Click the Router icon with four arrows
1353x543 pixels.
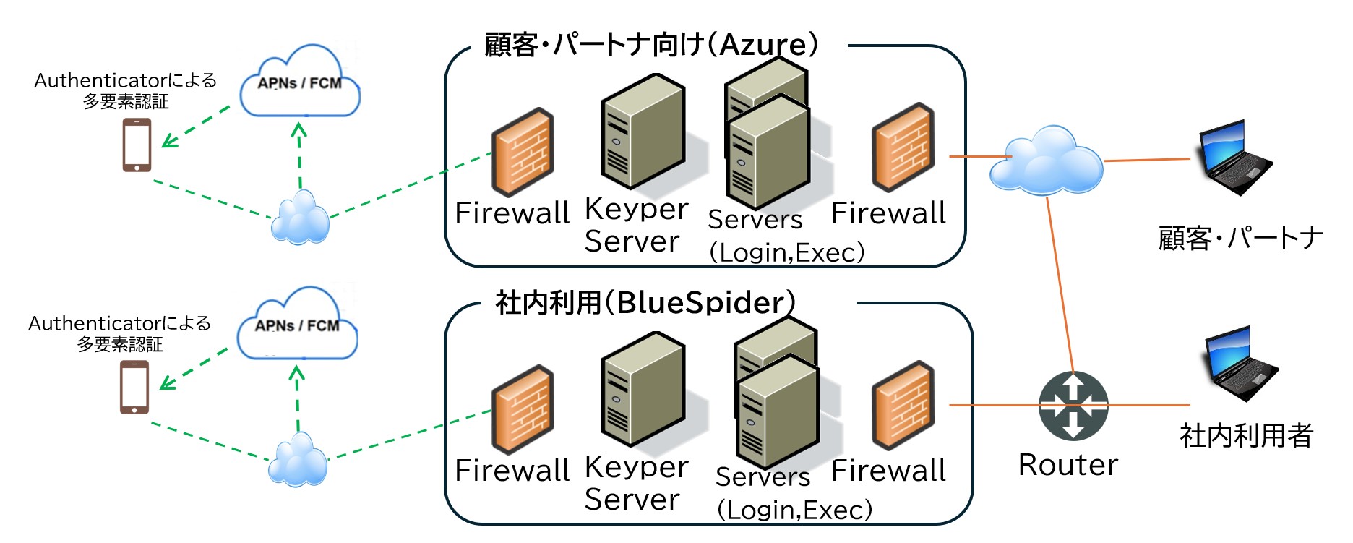[1073, 406]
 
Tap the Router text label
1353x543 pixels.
[1068, 465]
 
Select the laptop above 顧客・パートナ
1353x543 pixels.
[1234, 158]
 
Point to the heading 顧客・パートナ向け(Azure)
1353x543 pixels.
[651, 45]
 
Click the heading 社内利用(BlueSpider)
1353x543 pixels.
[645, 302]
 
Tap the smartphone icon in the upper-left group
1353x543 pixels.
[137, 145]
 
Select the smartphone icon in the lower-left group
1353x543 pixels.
[134, 387]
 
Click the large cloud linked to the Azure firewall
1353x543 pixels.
[1046, 162]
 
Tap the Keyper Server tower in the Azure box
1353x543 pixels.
[643, 134]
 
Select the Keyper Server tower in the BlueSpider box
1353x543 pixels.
[643, 390]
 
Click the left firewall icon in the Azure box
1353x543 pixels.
[523, 152]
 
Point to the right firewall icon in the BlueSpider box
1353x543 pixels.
[903, 405]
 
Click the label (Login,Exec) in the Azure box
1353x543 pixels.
[786, 252]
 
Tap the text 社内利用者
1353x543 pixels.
[1246, 436]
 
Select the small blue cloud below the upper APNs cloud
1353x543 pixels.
[300, 218]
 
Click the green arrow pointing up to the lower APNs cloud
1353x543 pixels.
[297, 398]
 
